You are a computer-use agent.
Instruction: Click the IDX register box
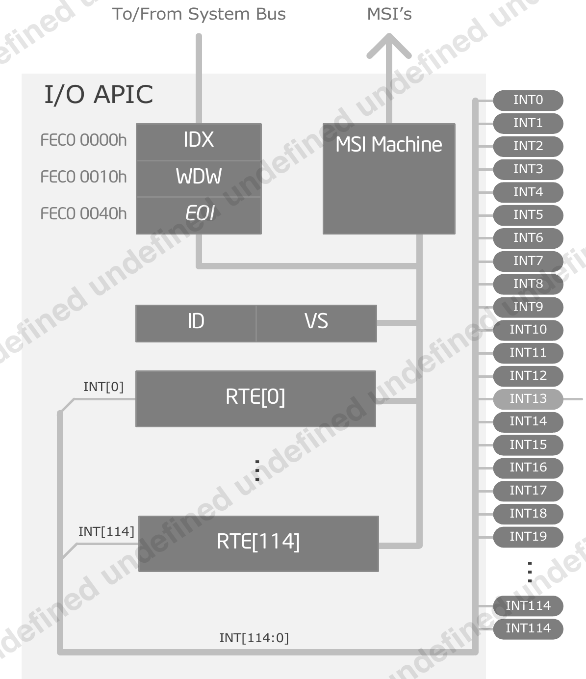click(199, 141)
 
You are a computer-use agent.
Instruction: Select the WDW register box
click(199, 178)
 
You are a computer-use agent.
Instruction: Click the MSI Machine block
click(389, 179)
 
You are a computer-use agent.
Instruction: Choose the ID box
click(196, 323)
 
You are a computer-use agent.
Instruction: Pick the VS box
click(316, 323)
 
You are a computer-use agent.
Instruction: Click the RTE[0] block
click(255, 398)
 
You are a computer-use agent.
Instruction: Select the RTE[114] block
click(258, 543)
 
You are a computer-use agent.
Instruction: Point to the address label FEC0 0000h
click(83, 141)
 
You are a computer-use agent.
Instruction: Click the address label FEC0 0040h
click(83, 214)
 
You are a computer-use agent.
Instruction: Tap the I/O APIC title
click(99, 95)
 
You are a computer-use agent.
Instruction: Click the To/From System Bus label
click(199, 14)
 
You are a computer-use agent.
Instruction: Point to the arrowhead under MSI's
click(389, 47)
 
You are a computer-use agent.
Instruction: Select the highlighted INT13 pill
click(528, 399)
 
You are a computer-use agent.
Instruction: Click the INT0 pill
click(528, 100)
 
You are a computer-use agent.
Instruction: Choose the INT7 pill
click(528, 261)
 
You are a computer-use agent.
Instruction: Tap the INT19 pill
click(528, 537)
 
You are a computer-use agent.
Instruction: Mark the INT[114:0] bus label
click(254, 638)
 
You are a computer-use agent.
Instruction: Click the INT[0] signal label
click(103, 387)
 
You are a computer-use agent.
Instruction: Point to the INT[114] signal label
click(106, 532)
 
